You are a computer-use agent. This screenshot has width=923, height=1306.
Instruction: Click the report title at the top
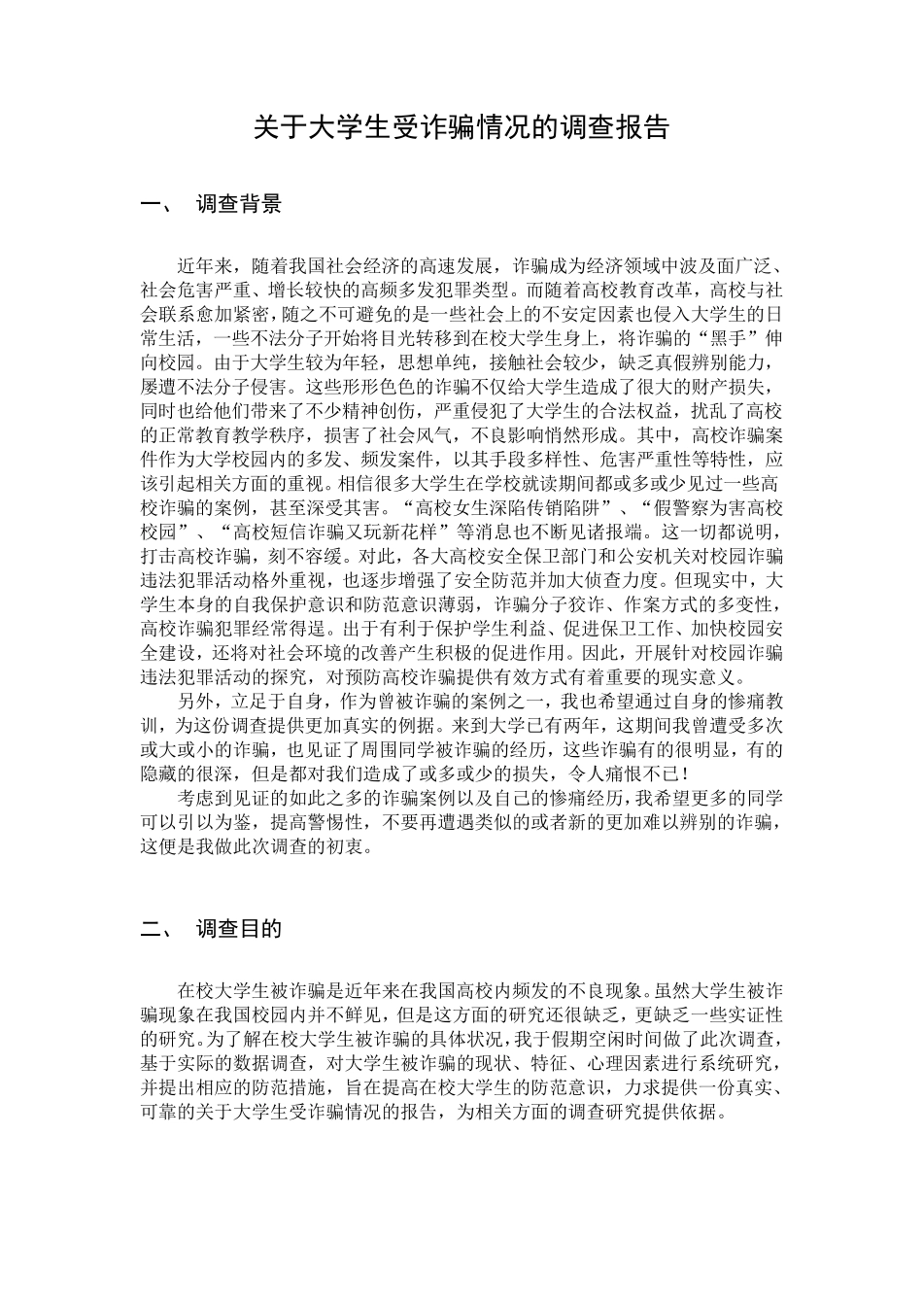[x=461, y=127]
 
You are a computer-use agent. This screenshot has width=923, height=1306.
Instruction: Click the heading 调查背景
[x=239, y=204]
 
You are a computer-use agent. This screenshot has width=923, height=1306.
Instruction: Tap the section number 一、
[x=158, y=204]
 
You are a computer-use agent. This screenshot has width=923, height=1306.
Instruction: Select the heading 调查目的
[x=239, y=928]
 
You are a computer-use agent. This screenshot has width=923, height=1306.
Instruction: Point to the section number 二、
[x=158, y=928]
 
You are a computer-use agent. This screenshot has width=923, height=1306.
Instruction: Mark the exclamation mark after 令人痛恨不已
[x=687, y=773]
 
